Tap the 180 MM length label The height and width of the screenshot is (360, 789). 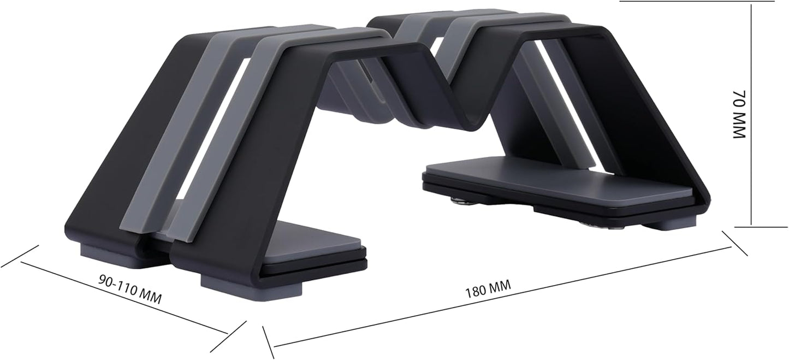click(x=487, y=288)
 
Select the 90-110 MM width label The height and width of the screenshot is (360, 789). click(x=130, y=289)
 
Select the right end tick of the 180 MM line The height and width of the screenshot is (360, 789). click(x=735, y=243)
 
